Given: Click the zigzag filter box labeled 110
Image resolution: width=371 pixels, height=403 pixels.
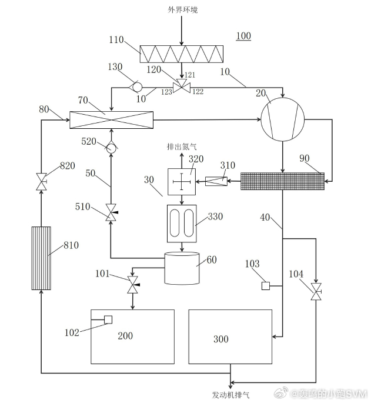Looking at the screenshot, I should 181,54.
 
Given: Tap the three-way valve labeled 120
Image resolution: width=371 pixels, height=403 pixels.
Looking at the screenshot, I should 182,86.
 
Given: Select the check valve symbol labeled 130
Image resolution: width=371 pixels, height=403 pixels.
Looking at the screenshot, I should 136,86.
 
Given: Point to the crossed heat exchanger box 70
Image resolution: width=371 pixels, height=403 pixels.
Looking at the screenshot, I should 111,120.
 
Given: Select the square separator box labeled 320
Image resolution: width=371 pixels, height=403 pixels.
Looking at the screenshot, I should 182,182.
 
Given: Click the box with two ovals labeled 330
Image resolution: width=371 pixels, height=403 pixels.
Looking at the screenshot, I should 182,223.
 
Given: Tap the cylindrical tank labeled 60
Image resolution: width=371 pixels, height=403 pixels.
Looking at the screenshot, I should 182,269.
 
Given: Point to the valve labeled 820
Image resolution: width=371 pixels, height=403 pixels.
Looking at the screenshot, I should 41,181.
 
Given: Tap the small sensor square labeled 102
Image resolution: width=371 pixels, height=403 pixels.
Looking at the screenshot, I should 108,319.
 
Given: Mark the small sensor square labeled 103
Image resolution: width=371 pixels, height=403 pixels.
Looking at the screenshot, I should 265,287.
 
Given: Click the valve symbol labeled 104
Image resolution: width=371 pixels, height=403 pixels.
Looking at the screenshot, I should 316,290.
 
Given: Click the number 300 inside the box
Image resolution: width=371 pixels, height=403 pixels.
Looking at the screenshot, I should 221,339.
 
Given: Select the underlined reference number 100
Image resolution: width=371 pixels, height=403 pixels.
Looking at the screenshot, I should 243,36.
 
